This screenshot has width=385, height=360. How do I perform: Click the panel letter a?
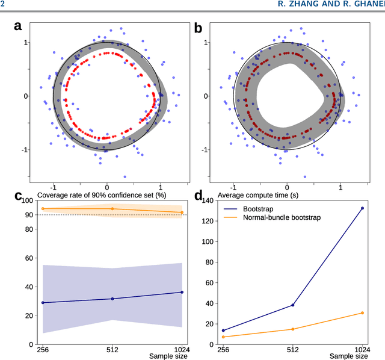pyautogui.click(x=18, y=26)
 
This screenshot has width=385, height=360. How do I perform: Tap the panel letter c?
pyautogui.click(x=19, y=196)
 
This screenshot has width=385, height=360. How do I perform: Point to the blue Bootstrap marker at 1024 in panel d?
pyautogui.click(x=362, y=208)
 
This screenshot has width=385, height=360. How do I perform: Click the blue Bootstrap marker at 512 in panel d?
pyautogui.click(x=293, y=305)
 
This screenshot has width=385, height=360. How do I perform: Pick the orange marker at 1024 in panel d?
pyautogui.click(x=362, y=313)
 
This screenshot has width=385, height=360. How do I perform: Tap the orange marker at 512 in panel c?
pyautogui.click(x=112, y=209)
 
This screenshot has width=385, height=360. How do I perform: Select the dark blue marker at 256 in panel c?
pyautogui.click(x=43, y=302)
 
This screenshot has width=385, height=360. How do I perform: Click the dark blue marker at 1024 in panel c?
pyautogui.click(x=182, y=293)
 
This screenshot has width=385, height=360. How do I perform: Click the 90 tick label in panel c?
pyautogui.click(x=28, y=215)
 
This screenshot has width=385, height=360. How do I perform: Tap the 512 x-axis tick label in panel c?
pyautogui.click(x=112, y=350)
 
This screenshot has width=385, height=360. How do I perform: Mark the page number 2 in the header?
pyautogui.click(x=3, y=5)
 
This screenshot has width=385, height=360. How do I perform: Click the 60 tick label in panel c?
pyautogui.click(x=28, y=258)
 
